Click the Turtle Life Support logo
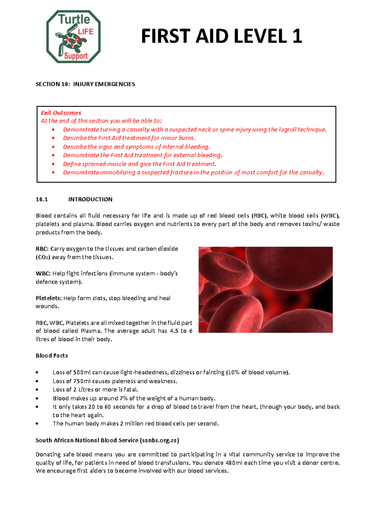pyautogui.click(x=73, y=37)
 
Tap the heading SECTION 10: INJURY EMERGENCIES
pyautogui.click(x=85, y=84)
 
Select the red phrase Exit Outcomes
pyautogui.click(x=61, y=113)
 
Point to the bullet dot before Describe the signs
pyautogui.click(x=54, y=147)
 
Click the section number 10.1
pyautogui.click(x=42, y=199)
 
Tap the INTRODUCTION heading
pyautogui.click(x=90, y=199)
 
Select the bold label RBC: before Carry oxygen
pyautogui.click(x=42, y=249)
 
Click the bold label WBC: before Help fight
pyautogui.click(x=43, y=274)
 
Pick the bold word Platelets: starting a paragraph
pyautogui.click(x=49, y=298)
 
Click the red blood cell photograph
pyautogui.click(x=265, y=289)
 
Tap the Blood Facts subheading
pyautogui.click(x=52, y=356)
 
